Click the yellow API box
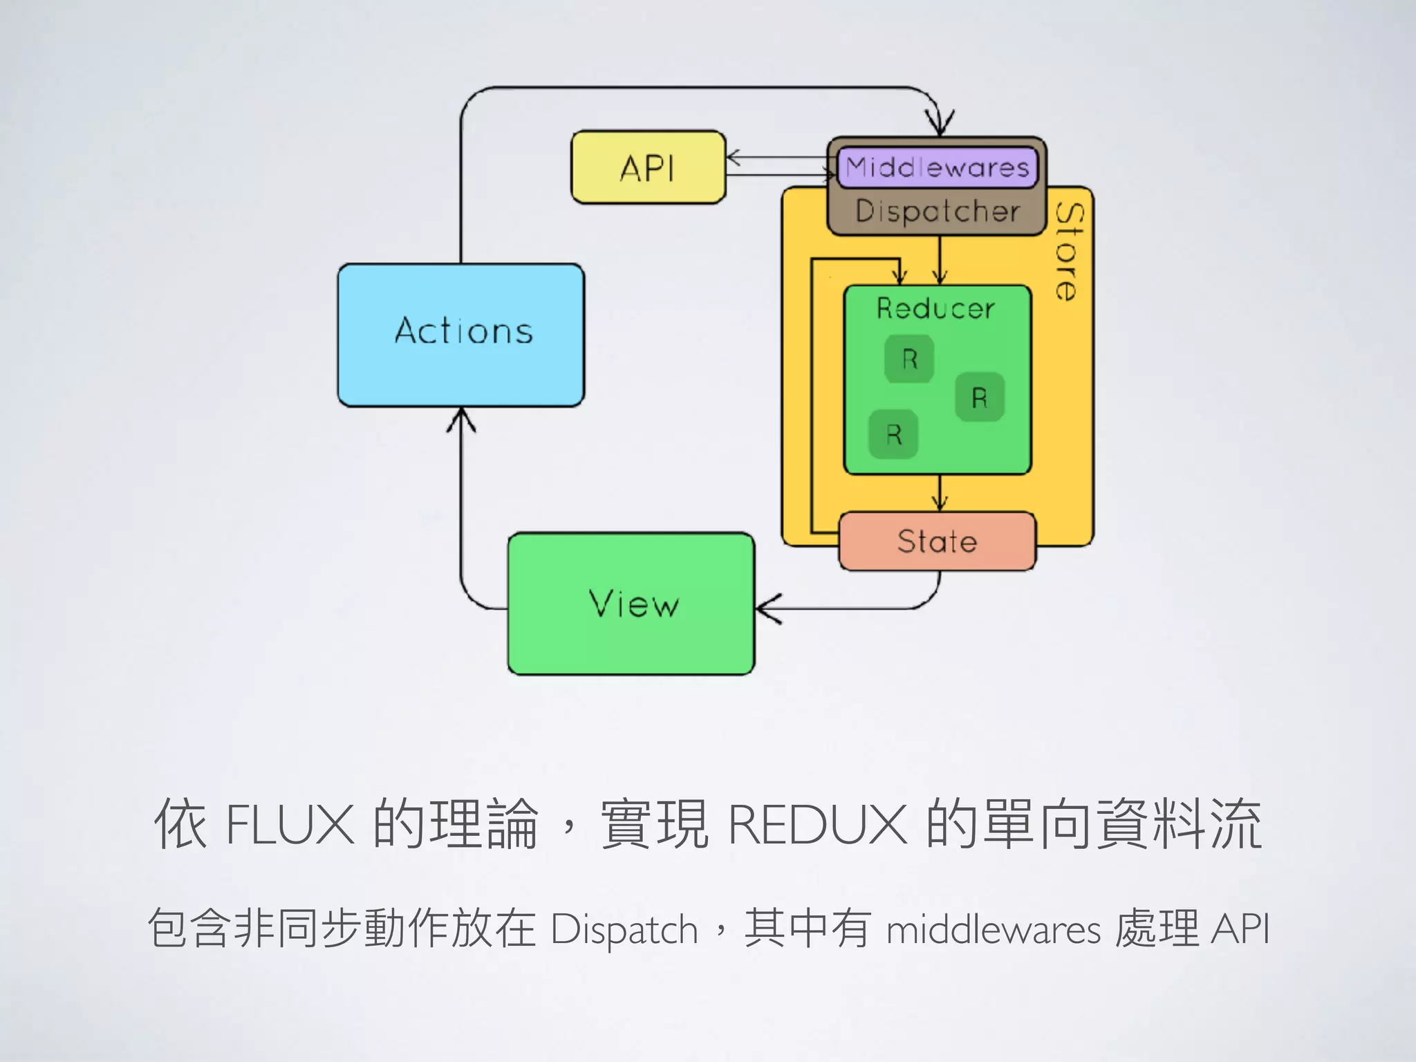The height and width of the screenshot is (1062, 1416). (648, 167)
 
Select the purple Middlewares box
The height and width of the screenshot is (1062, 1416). (937, 167)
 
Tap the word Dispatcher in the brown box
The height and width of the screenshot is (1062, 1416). (937, 211)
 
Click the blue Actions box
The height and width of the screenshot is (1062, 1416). (461, 335)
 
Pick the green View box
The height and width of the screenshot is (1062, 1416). (631, 604)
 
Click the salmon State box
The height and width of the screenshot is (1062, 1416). (937, 541)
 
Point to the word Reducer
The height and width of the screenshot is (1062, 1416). (935, 308)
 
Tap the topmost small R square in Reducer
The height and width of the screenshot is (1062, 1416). (909, 359)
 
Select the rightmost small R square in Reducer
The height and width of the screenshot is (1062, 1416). (979, 398)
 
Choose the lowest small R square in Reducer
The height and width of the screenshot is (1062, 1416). (893, 435)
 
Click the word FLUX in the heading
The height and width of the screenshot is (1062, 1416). (290, 824)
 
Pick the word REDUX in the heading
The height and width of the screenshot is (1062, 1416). (817, 824)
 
